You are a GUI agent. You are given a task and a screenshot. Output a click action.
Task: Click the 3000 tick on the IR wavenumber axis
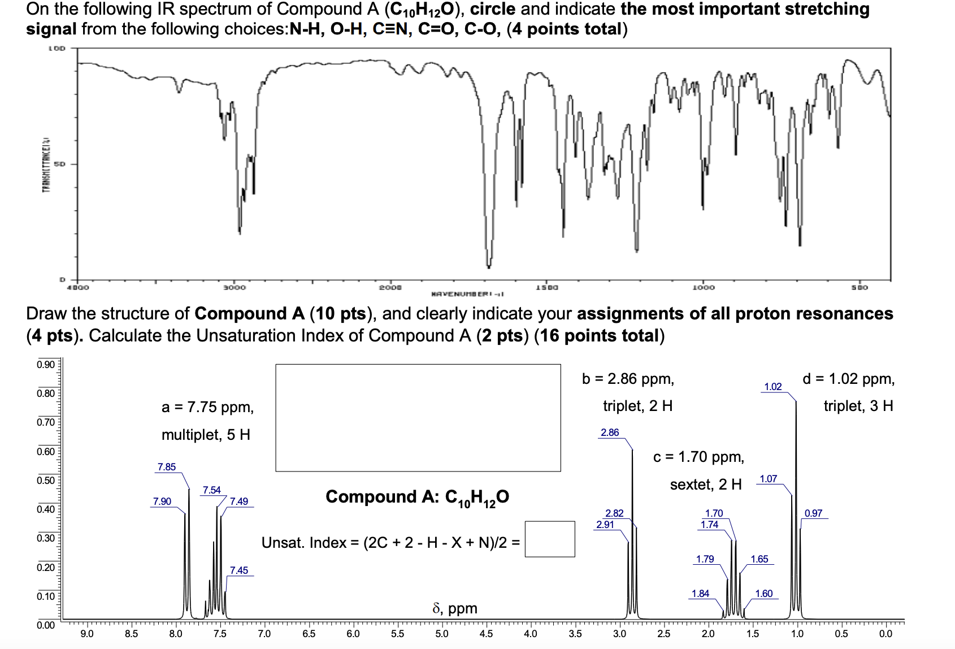coord(236,288)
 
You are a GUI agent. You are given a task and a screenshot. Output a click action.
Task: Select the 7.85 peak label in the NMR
coord(167,467)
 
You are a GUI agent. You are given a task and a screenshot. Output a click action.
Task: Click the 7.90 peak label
coord(162,501)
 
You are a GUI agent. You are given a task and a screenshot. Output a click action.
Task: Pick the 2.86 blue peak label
coord(610,432)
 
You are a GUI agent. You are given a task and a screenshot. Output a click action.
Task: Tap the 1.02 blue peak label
coord(772,387)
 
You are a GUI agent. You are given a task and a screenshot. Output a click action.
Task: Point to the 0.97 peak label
coord(813,513)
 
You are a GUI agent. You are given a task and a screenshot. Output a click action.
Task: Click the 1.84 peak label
coord(701,594)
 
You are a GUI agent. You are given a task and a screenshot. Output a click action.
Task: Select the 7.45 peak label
coord(239,570)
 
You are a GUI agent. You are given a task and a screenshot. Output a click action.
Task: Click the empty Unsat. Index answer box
coord(549,539)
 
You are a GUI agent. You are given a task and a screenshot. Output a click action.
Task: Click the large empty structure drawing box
coord(418,417)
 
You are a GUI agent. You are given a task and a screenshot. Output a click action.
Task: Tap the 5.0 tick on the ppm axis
coord(442,634)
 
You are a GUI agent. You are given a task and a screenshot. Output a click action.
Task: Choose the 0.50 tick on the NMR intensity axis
coord(46,480)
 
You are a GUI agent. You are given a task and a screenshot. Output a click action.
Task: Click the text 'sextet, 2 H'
coord(706,484)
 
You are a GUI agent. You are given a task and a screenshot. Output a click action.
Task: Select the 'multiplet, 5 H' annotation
coord(206,435)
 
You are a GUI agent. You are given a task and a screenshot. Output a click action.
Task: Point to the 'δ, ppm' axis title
coord(455,608)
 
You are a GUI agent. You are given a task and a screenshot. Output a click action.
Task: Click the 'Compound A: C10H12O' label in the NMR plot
coord(417,497)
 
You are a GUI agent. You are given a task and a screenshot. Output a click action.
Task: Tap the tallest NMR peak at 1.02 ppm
coord(796,407)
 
